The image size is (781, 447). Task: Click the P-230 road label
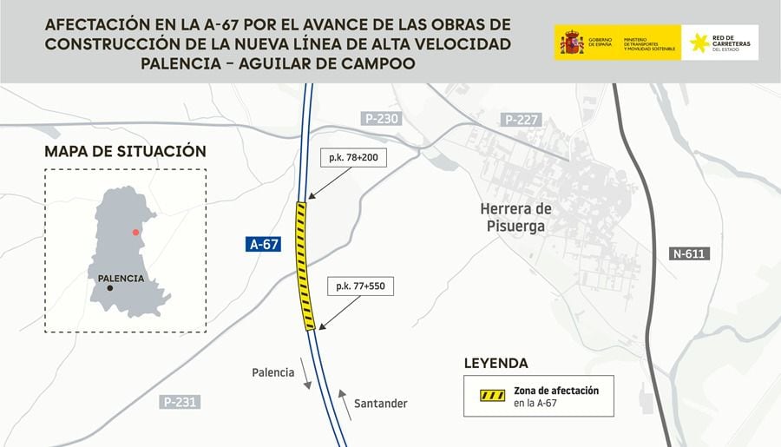pyautogui.click(x=381, y=119)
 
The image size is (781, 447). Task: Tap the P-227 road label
pyautogui.click(x=521, y=119)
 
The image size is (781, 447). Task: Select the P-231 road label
pyautogui.click(x=180, y=402)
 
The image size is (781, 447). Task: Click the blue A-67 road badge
pyautogui.click(x=264, y=245)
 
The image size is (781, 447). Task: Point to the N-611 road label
pyautogui.click(x=690, y=254)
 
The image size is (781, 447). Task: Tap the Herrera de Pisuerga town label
pyautogui.click(x=515, y=217)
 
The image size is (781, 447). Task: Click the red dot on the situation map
pyautogui.click(x=135, y=233)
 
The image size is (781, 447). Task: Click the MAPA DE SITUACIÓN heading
pyautogui.click(x=125, y=151)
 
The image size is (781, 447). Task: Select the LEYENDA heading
pyautogui.click(x=496, y=363)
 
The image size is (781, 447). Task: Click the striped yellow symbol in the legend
pyautogui.click(x=492, y=396)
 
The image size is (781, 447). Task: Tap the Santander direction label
pyautogui.click(x=380, y=404)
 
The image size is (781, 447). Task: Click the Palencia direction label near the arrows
pyautogui.click(x=273, y=372)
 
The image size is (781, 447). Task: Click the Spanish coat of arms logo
pyautogui.click(x=572, y=43)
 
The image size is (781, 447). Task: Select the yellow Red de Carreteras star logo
pyautogui.click(x=699, y=43)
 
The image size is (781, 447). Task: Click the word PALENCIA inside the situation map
pyautogui.click(x=121, y=279)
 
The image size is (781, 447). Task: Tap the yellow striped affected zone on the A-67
pyautogui.click(x=305, y=265)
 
